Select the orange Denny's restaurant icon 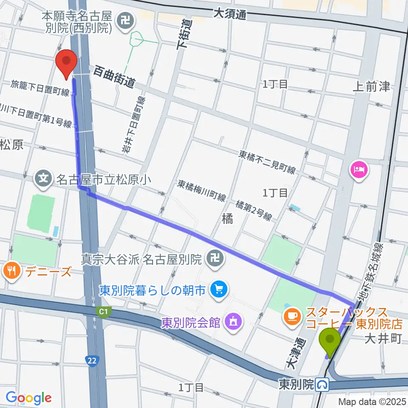click(11, 270)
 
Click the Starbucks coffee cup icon click(292, 315)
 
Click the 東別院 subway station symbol click(324, 385)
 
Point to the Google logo click(28, 397)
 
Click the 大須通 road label click(229, 14)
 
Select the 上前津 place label click(371, 87)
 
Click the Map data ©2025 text click(373, 401)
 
